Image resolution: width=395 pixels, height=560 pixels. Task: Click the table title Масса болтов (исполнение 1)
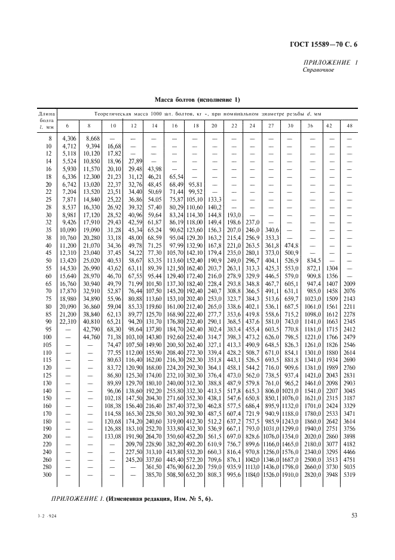[197, 99]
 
